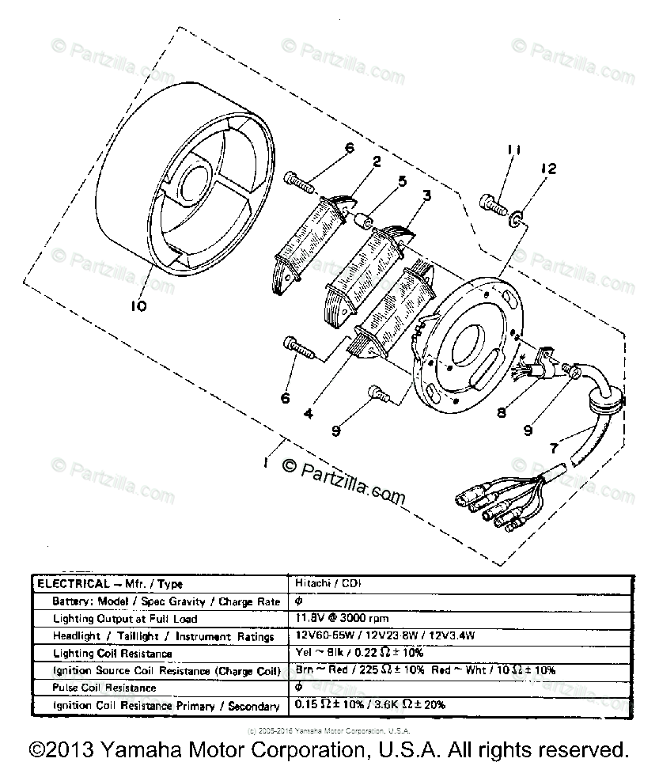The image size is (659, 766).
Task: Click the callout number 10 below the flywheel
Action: [139, 306]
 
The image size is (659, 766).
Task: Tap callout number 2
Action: [377, 162]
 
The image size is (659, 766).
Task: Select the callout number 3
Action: [426, 195]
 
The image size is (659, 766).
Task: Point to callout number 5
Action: [403, 181]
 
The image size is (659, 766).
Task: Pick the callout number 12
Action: [547, 169]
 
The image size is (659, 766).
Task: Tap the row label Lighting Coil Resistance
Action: [112, 653]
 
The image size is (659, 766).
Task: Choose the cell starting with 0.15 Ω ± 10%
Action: [370, 704]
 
